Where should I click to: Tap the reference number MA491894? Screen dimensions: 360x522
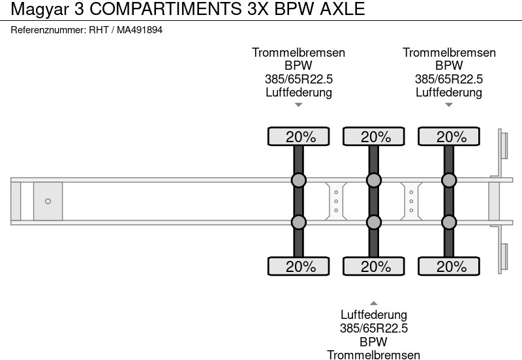(140, 30)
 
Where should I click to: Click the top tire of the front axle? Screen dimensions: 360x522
(298, 137)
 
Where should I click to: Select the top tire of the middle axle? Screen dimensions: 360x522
(374, 137)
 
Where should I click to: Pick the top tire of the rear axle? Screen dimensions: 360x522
(449, 137)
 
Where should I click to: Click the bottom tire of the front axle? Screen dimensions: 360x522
(298, 266)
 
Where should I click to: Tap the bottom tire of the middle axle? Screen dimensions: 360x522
(374, 266)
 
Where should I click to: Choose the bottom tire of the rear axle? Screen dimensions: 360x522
(449, 266)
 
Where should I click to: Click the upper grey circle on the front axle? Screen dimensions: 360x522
(298, 180)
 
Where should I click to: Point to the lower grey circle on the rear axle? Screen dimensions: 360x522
(449, 222)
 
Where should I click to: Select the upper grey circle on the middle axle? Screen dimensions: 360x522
(374, 180)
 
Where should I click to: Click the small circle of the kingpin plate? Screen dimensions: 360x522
(48, 201)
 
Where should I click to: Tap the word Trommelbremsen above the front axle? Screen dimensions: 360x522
(299, 53)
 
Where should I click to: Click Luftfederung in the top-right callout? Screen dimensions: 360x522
(449, 92)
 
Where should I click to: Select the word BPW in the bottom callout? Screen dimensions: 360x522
(374, 342)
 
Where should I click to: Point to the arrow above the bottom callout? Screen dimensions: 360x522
(374, 303)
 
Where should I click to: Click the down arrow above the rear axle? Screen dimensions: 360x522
(449, 104)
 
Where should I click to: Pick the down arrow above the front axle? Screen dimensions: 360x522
(299, 104)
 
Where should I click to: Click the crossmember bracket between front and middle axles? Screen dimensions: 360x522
(336, 201)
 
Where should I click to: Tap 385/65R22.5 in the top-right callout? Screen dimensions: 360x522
(449, 79)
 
